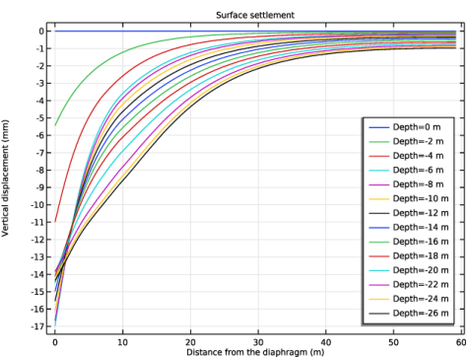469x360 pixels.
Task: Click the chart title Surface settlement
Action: point(255,15)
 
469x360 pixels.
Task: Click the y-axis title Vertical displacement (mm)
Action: point(5,178)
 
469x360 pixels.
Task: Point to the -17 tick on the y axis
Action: point(37,326)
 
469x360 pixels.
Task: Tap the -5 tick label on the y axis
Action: point(39,118)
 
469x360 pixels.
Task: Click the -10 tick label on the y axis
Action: point(37,205)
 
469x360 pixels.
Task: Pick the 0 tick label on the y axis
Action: point(41,32)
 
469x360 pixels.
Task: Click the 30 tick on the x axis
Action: point(258,342)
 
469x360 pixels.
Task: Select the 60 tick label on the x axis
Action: point(461,342)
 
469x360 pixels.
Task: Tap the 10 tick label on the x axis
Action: point(122,342)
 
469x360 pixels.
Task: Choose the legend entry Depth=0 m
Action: point(405,127)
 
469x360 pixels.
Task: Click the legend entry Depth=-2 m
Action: point(406,141)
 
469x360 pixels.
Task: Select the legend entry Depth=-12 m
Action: point(409,213)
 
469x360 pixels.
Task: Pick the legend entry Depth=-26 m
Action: point(409,314)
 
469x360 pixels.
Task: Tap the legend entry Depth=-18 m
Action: point(409,256)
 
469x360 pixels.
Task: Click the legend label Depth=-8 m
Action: point(418,184)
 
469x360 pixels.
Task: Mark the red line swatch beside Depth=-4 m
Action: point(379,156)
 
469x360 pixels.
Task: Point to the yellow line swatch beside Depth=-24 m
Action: point(379,299)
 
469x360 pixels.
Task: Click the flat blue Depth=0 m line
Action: point(255,32)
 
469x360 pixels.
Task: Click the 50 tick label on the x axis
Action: point(393,342)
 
